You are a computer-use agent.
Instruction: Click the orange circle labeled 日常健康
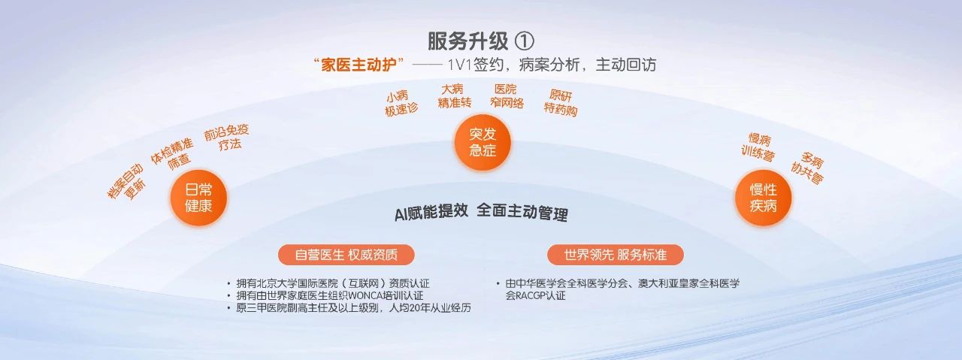(199, 198)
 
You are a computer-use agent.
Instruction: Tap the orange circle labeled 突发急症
(483, 142)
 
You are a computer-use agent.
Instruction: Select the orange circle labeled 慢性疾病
(763, 198)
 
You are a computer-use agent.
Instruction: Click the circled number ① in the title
(524, 41)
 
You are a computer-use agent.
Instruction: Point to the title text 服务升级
(467, 41)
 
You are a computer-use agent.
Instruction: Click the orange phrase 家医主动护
(358, 65)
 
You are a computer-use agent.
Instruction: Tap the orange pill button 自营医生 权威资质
(346, 255)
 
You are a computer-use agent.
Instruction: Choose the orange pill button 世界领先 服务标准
(615, 255)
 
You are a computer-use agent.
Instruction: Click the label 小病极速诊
(401, 103)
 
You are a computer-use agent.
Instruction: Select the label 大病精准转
(454, 96)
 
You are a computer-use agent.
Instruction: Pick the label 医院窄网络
(507, 96)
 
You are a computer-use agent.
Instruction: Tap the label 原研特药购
(561, 103)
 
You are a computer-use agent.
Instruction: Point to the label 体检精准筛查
(174, 154)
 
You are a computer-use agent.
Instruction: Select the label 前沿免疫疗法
(227, 138)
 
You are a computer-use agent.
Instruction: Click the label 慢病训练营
(758, 147)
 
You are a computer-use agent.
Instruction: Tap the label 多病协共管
(808, 168)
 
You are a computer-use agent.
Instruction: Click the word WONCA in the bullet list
(365, 295)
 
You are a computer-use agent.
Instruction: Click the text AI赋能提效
(431, 213)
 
